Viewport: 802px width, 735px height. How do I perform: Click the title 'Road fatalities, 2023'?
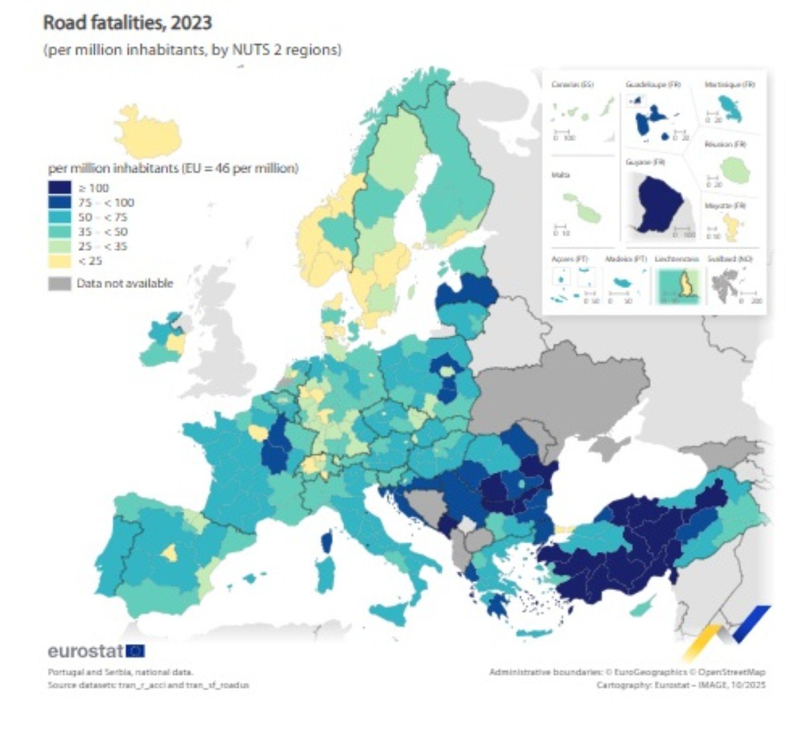point(127,23)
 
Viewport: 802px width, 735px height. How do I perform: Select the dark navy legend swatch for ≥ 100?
point(59,188)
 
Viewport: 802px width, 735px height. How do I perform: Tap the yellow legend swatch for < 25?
point(59,261)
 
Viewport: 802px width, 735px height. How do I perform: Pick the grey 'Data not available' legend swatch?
point(59,283)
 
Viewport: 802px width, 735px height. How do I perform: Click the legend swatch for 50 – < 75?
point(59,217)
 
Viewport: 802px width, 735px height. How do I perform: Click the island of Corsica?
point(327,541)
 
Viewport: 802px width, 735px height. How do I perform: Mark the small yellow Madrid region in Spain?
point(170,553)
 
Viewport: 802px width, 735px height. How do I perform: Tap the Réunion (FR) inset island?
point(734,170)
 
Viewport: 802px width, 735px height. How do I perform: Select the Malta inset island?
point(581,208)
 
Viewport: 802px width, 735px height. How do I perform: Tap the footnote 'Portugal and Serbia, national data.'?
point(120,672)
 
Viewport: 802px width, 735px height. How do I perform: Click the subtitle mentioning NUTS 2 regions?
point(192,50)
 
